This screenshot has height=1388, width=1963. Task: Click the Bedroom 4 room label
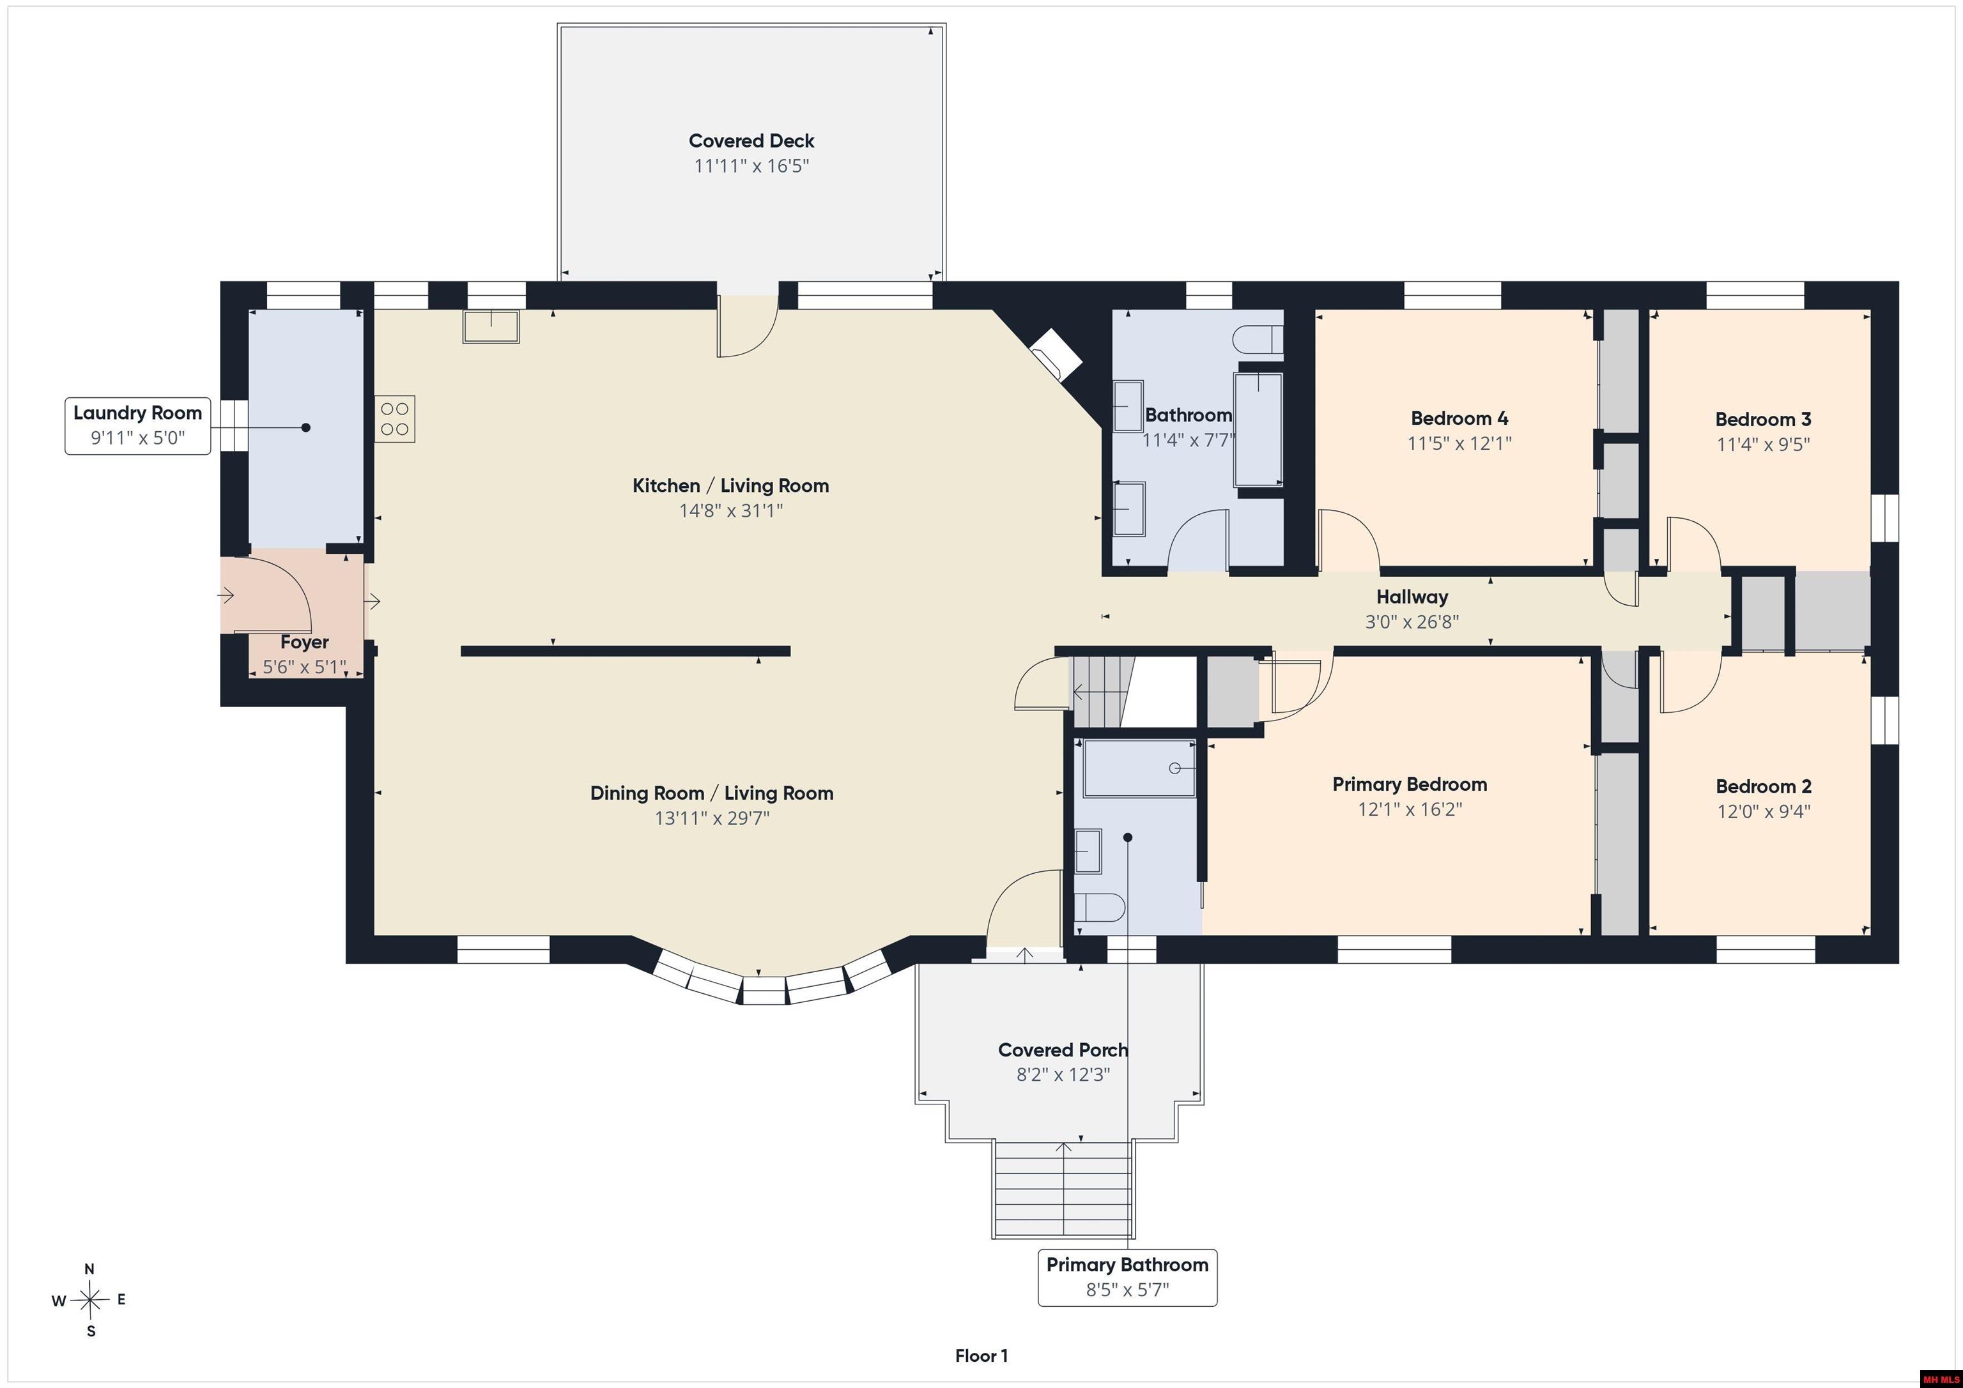point(1459,419)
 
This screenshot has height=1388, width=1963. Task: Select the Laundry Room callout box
point(137,425)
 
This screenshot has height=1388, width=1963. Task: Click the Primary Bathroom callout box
point(1128,1277)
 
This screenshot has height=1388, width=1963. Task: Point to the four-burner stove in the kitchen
point(395,419)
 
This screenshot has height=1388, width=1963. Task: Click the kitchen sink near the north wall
point(491,326)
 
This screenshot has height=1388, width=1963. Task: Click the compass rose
point(89,1300)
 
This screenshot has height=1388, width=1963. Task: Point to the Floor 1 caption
point(981,1355)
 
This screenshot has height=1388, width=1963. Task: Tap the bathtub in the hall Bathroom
point(1258,430)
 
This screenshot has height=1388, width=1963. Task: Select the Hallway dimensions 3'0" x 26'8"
point(1412,622)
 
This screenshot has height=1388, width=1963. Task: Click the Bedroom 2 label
point(1764,786)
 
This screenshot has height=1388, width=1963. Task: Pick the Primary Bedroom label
point(1410,784)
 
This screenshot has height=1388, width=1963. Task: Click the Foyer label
point(304,642)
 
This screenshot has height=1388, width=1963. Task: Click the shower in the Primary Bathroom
point(1140,768)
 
